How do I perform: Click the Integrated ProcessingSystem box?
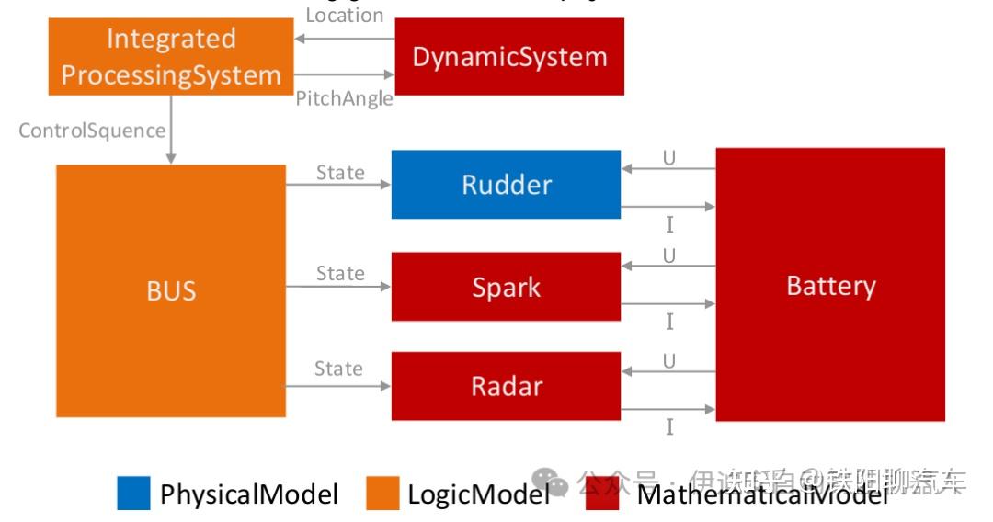pos(170,56)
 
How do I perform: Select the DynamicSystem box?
pos(509,56)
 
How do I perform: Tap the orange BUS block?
pos(171,291)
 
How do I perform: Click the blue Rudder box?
pos(506,185)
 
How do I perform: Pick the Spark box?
pos(506,287)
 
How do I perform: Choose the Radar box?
pos(506,386)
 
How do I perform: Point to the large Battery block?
pos(830,285)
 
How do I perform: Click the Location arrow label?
pos(344,15)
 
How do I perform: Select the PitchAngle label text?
pos(344,98)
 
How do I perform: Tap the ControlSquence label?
pos(92,130)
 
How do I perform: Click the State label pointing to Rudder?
pos(340,173)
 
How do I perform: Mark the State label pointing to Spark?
pos(340,274)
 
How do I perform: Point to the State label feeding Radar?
pos(338,369)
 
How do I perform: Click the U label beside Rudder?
pos(668,158)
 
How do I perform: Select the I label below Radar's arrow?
pos(669,426)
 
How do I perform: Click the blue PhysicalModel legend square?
pos(133,494)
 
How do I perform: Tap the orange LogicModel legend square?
pos(382,494)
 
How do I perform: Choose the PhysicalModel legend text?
pos(249,494)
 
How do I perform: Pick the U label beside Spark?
pos(668,256)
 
